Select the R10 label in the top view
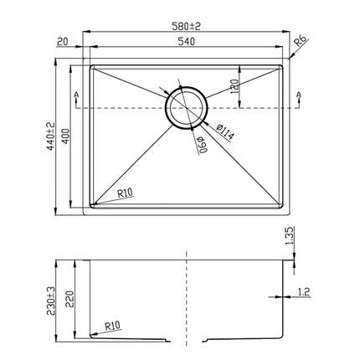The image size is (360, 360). (x=126, y=193)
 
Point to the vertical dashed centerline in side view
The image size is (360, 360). (x=185, y=301)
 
